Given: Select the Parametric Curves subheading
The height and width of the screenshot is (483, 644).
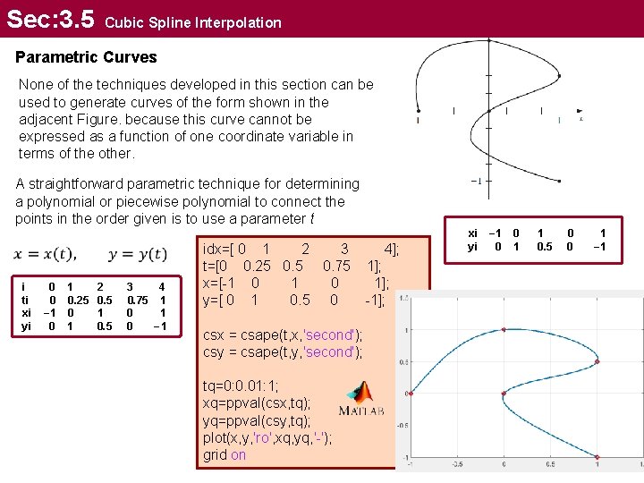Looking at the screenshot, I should pos(86,57).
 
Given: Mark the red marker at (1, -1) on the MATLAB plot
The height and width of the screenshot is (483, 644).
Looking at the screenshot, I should pos(597,457).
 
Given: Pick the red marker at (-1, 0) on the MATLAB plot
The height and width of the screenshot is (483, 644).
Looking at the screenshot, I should pos(410,393).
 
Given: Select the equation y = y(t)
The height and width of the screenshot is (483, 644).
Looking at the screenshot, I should pos(133,254).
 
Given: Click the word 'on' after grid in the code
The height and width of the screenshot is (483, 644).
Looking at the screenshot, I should pos(238,454).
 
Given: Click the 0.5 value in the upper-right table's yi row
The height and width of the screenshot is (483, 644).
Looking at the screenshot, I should pos(544,246).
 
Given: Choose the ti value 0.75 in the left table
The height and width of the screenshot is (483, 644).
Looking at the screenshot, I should pos(138,300).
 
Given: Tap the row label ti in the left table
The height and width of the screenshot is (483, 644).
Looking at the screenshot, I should pos(26,300).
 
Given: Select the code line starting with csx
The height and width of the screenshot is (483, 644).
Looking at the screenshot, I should pos(284,335).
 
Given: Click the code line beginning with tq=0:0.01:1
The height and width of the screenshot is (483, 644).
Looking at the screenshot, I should pos(241,386).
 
